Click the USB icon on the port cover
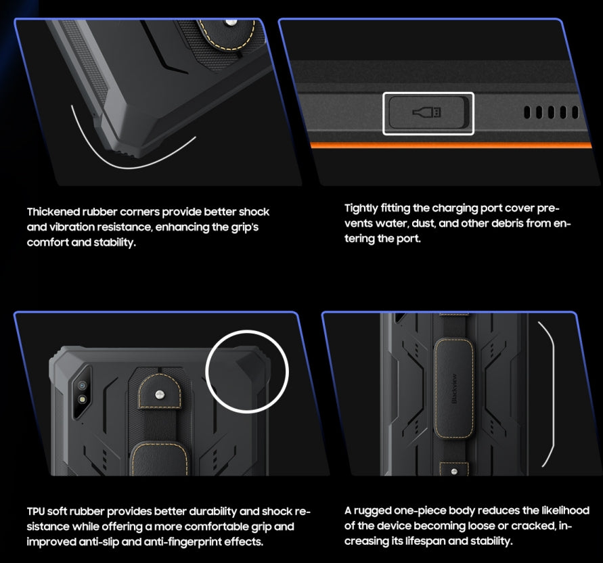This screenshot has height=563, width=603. pyautogui.click(x=428, y=112)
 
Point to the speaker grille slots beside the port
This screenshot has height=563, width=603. pyautogui.click(x=550, y=112)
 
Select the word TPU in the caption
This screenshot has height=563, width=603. pyautogui.click(x=35, y=511)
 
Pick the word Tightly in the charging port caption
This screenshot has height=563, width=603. pyautogui.click(x=363, y=208)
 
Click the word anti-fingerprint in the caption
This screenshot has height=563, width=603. pyautogui.click(x=179, y=541)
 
